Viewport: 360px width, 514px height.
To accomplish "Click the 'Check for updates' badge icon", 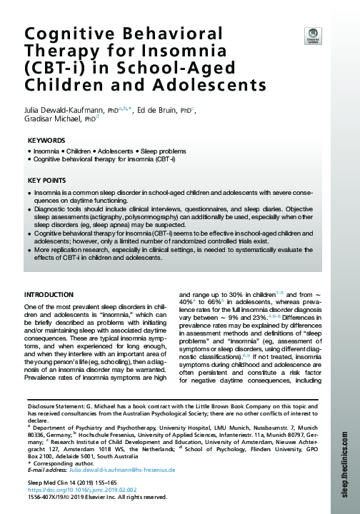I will (x=312, y=35).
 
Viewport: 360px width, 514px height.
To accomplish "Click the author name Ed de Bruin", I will (x=160, y=111).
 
